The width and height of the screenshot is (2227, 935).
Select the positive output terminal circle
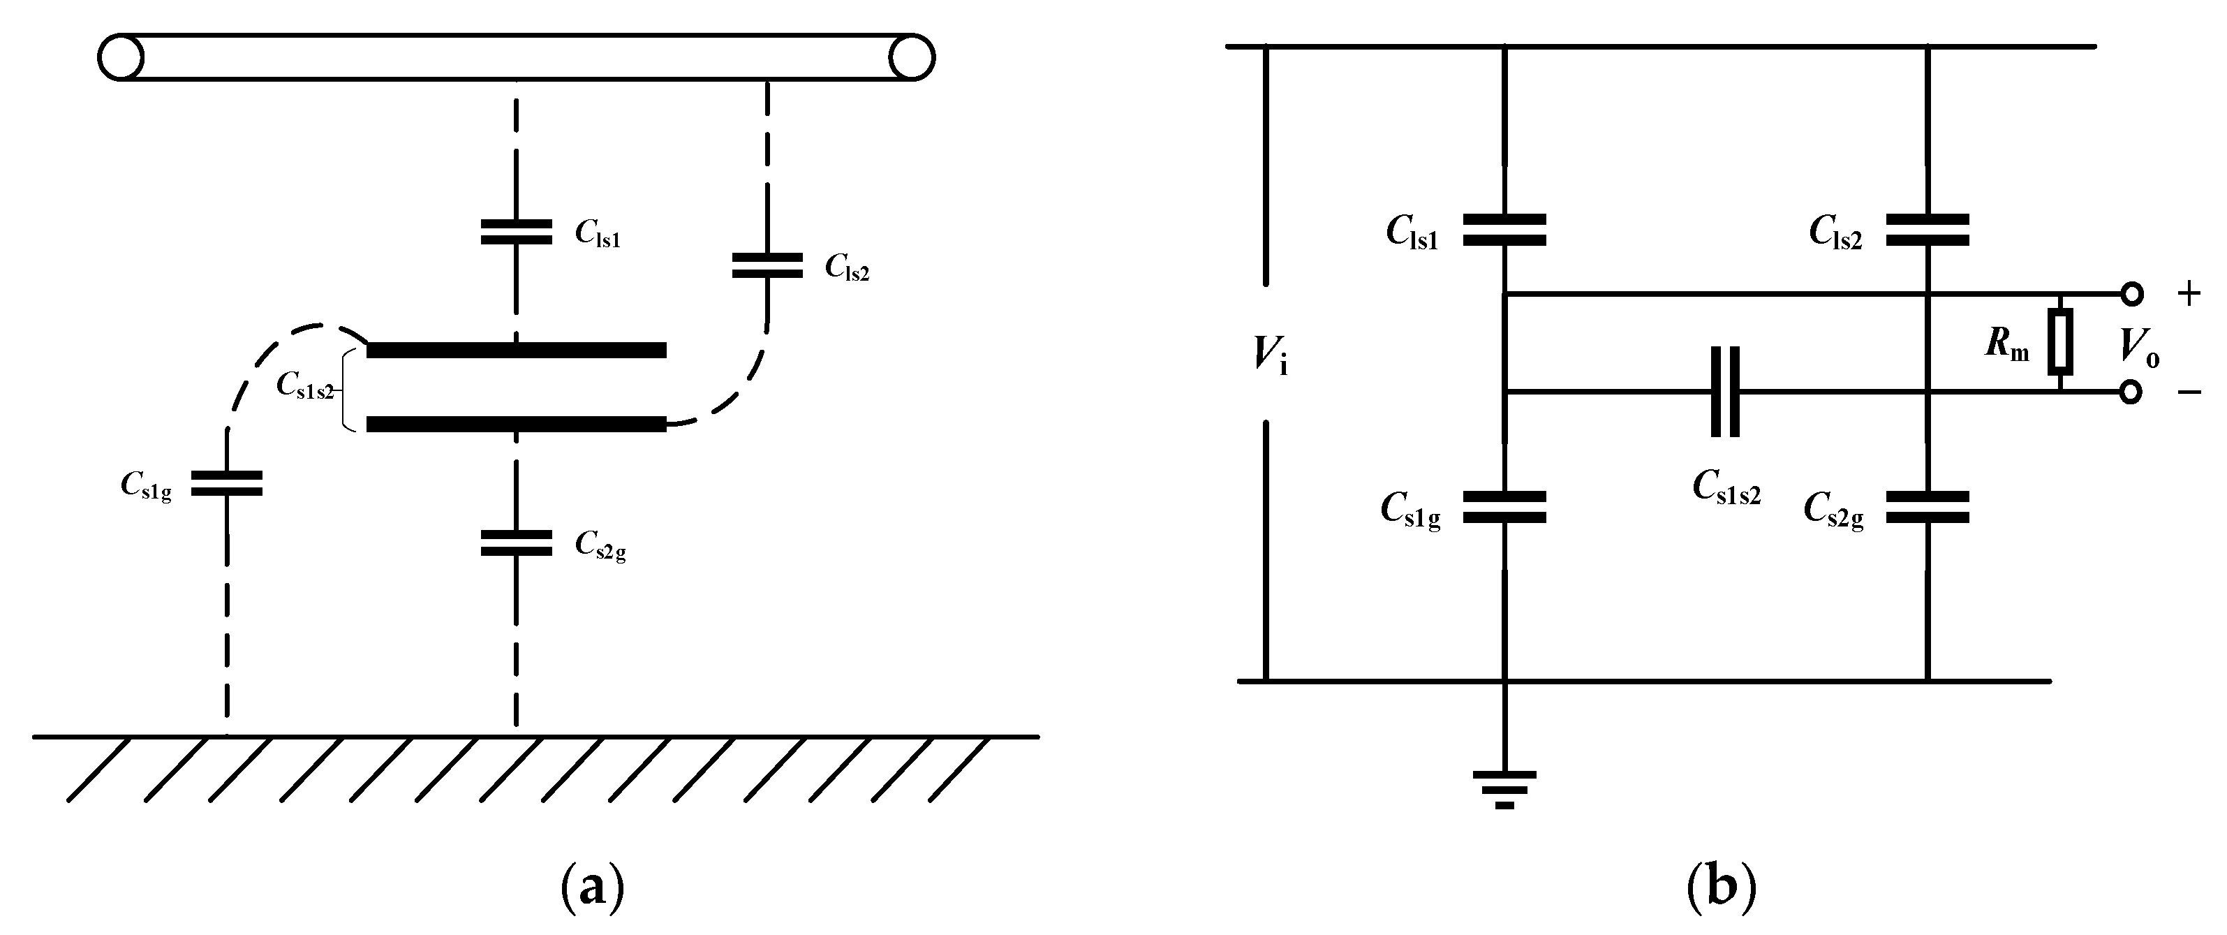pyautogui.click(x=2133, y=294)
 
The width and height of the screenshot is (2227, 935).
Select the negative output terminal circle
pyautogui.click(x=2133, y=392)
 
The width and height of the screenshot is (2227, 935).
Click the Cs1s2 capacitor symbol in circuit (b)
pyautogui.click(x=1725, y=392)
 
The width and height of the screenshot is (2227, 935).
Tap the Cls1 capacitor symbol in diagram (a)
pyautogui.click(x=516, y=232)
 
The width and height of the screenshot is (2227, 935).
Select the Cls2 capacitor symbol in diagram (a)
pyautogui.click(x=767, y=265)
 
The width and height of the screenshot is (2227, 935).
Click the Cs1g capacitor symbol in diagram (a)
pyautogui.click(x=226, y=483)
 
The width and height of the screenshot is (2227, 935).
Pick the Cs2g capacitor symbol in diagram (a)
pyautogui.click(x=516, y=543)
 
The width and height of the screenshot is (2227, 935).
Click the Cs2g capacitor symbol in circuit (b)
pyautogui.click(x=1928, y=508)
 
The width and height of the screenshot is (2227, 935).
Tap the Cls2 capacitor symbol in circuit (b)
pyautogui.click(x=1928, y=230)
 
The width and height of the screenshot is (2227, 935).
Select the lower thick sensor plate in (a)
pyautogui.click(x=516, y=425)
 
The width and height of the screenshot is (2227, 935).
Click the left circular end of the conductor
pyautogui.click(x=120, y=58)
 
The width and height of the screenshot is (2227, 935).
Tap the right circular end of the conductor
pyautogui.click(x=912, y=58)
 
